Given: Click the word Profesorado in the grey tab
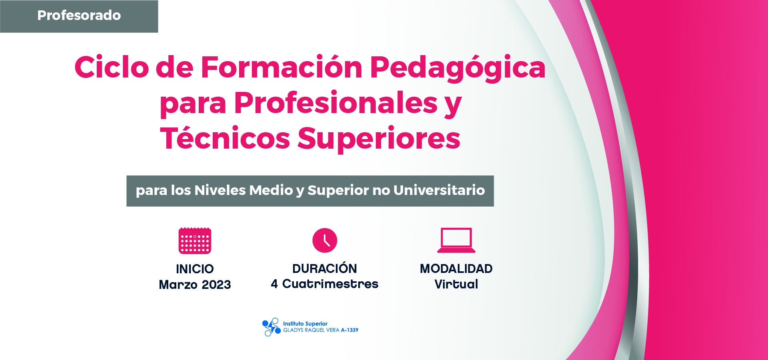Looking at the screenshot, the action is pyautogui.click(x=79, y=15).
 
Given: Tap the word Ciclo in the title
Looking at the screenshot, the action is pyautogui.click(x=112, y=67).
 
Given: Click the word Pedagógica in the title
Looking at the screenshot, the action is pyautogui.click(x=458, y=68).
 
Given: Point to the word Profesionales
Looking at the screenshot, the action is pyautogui.click(x=336, y=103).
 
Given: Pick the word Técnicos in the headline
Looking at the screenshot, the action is pyautogui.click(x=225, y=138).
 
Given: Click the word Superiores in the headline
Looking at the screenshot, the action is pyautogui.click(x=379, y=139).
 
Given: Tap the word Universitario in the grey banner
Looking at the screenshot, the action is pyautogui.click(x=439, y=190).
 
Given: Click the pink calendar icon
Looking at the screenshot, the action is pyautogui.click(x=195, y=241).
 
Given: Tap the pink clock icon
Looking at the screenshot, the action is pyautogui.click(x=325, y=241).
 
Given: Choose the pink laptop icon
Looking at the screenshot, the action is pyautogui.click(x=456, y=240).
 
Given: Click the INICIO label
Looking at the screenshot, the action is pyautogui.click(x=195, y=269).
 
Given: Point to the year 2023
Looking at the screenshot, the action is pyautogui.click(x=216, y=284).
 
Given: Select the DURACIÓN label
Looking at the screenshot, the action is pyautogui.click(x=325, y=268).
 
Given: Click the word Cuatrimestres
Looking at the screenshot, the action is pyautogui.click(x=330, y=284).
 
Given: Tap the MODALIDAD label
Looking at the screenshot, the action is pyautogui.click(x=456, y=269).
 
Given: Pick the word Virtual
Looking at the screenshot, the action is pyautogui.click(x=456, y=284).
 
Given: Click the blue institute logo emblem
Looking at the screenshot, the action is pyautogui.click(x=271, y=327).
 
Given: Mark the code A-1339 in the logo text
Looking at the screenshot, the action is pyautogui.click(x=349, y=330).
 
